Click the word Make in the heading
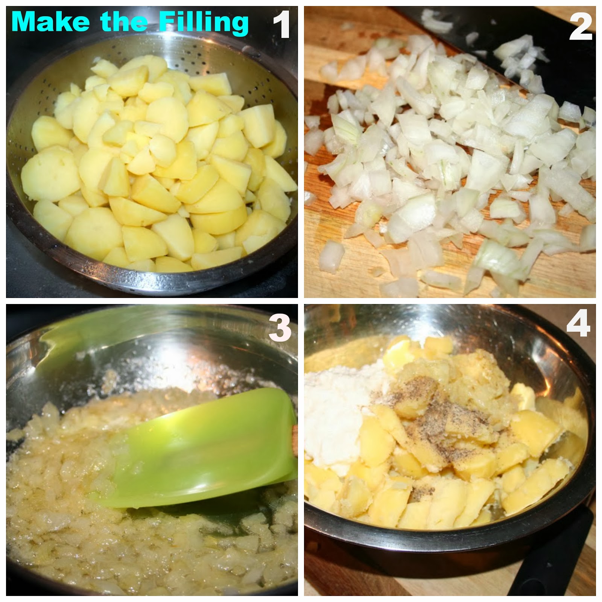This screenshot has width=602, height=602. tap(50, 22)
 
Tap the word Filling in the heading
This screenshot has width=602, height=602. tap(204, 23)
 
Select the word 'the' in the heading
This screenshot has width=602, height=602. tap(124, 22)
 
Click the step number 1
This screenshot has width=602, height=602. tap(281, 24)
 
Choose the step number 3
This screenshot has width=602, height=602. tap(280, 327)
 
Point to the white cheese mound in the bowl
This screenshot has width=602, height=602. tap(335, 414)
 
